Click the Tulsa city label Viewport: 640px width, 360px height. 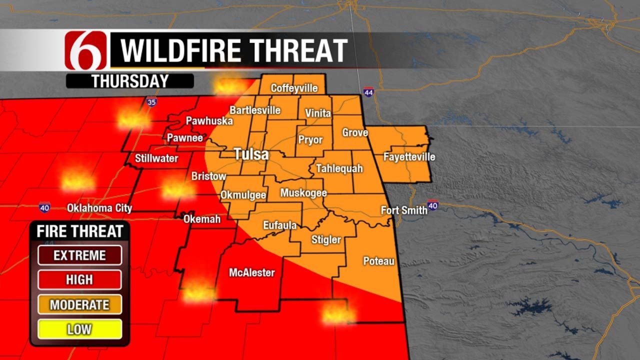tap(252, 154)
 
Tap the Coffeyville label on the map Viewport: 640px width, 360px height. tap(294, 88)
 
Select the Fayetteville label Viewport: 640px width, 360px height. tap(409, 157)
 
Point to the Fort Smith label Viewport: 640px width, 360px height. tap(404, 210)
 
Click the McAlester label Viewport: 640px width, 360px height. tap(251, 272)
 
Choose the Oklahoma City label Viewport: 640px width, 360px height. tap(100, 208)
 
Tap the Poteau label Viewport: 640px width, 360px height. tap(378, 261)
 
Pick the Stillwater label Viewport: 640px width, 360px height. tap(156, 158)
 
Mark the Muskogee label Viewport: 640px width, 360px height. tap(303, 193)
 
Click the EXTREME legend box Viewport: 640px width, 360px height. tap(79, 255)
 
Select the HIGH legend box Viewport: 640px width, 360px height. tap(79, 280)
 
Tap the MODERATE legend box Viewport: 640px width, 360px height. tap(79, 304)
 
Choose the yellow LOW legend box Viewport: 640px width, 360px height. tap(79, 329)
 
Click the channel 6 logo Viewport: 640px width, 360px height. tap(85, 50)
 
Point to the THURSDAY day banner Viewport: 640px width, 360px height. tap(129, 81)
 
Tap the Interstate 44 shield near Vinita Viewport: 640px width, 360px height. tap(368, 92)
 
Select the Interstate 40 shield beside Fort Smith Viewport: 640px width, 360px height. tap(433, 205)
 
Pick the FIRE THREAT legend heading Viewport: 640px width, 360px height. tap(79, 231)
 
